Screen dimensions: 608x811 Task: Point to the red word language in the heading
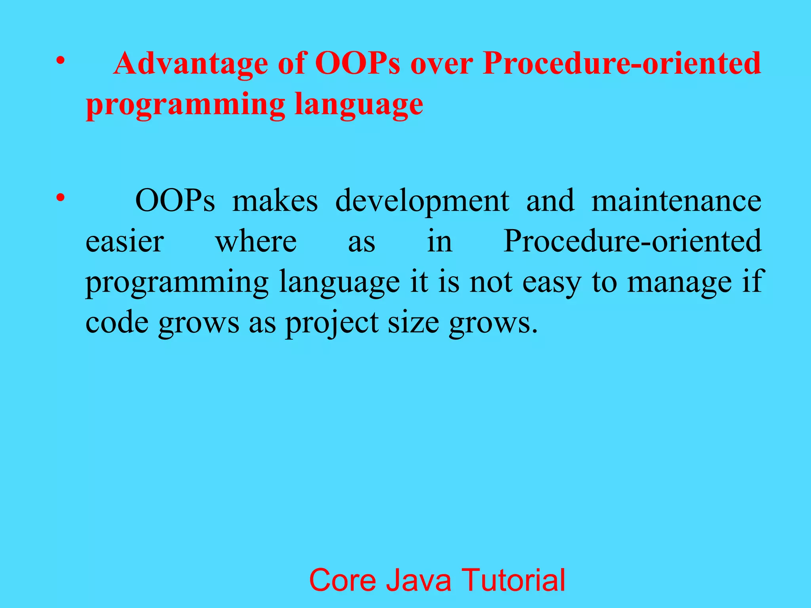[359, 104]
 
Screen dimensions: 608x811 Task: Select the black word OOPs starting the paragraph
[175, 201]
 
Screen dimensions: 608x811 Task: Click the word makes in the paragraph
[275, 201]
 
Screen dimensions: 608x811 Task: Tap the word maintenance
[676, 201]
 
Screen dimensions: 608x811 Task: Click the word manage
[680, 283]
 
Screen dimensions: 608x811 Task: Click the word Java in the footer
[419, 580]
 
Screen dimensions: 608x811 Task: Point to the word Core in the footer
[343, 580]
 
